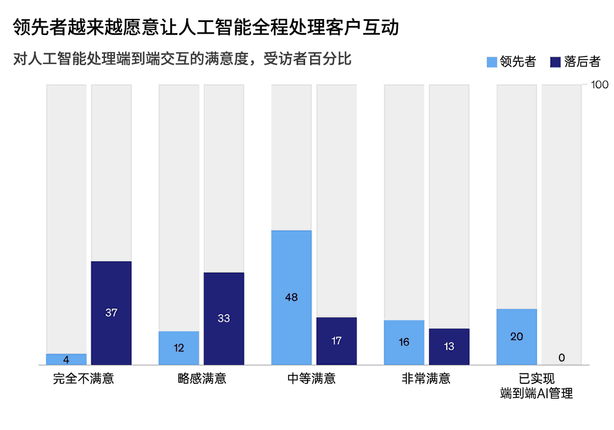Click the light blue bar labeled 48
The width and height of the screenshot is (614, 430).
point(292,297)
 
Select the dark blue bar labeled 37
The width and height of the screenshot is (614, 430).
point(111,313)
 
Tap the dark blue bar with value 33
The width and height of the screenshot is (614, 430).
point(223,318)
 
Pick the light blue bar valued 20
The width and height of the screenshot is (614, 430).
point(516,337)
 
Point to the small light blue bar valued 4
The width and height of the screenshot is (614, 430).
point(66,359)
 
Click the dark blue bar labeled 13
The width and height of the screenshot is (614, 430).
point(449,346)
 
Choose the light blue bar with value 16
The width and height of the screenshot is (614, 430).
point(404,342)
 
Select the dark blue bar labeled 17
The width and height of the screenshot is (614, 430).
point(336,341)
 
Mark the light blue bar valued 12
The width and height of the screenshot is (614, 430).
point(179,348)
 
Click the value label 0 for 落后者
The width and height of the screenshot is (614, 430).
point(561,358)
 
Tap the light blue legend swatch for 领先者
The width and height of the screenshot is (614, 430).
point(492,62)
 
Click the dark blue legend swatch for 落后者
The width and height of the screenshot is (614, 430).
point(556,62)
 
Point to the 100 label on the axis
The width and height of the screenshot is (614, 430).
point(598,84)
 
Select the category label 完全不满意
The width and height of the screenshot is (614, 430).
point(84,378)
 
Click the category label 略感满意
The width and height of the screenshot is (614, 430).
point(201,378)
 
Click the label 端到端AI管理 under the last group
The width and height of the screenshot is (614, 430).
point(537,394)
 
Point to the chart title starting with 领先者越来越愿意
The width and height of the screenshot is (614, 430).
point(206,28)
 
